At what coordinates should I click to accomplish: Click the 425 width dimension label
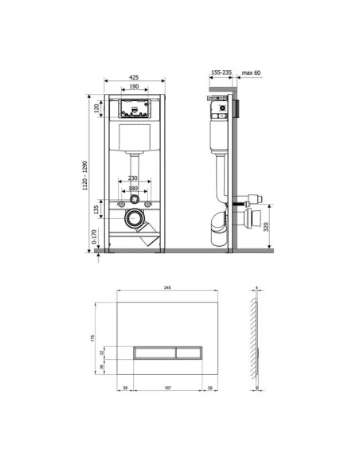134,77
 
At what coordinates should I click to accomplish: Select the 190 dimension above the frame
134,88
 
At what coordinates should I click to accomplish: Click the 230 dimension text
133,178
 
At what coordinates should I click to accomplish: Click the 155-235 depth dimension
221,72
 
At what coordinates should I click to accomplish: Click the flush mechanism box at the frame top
134,108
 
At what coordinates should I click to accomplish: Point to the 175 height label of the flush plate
94,338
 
